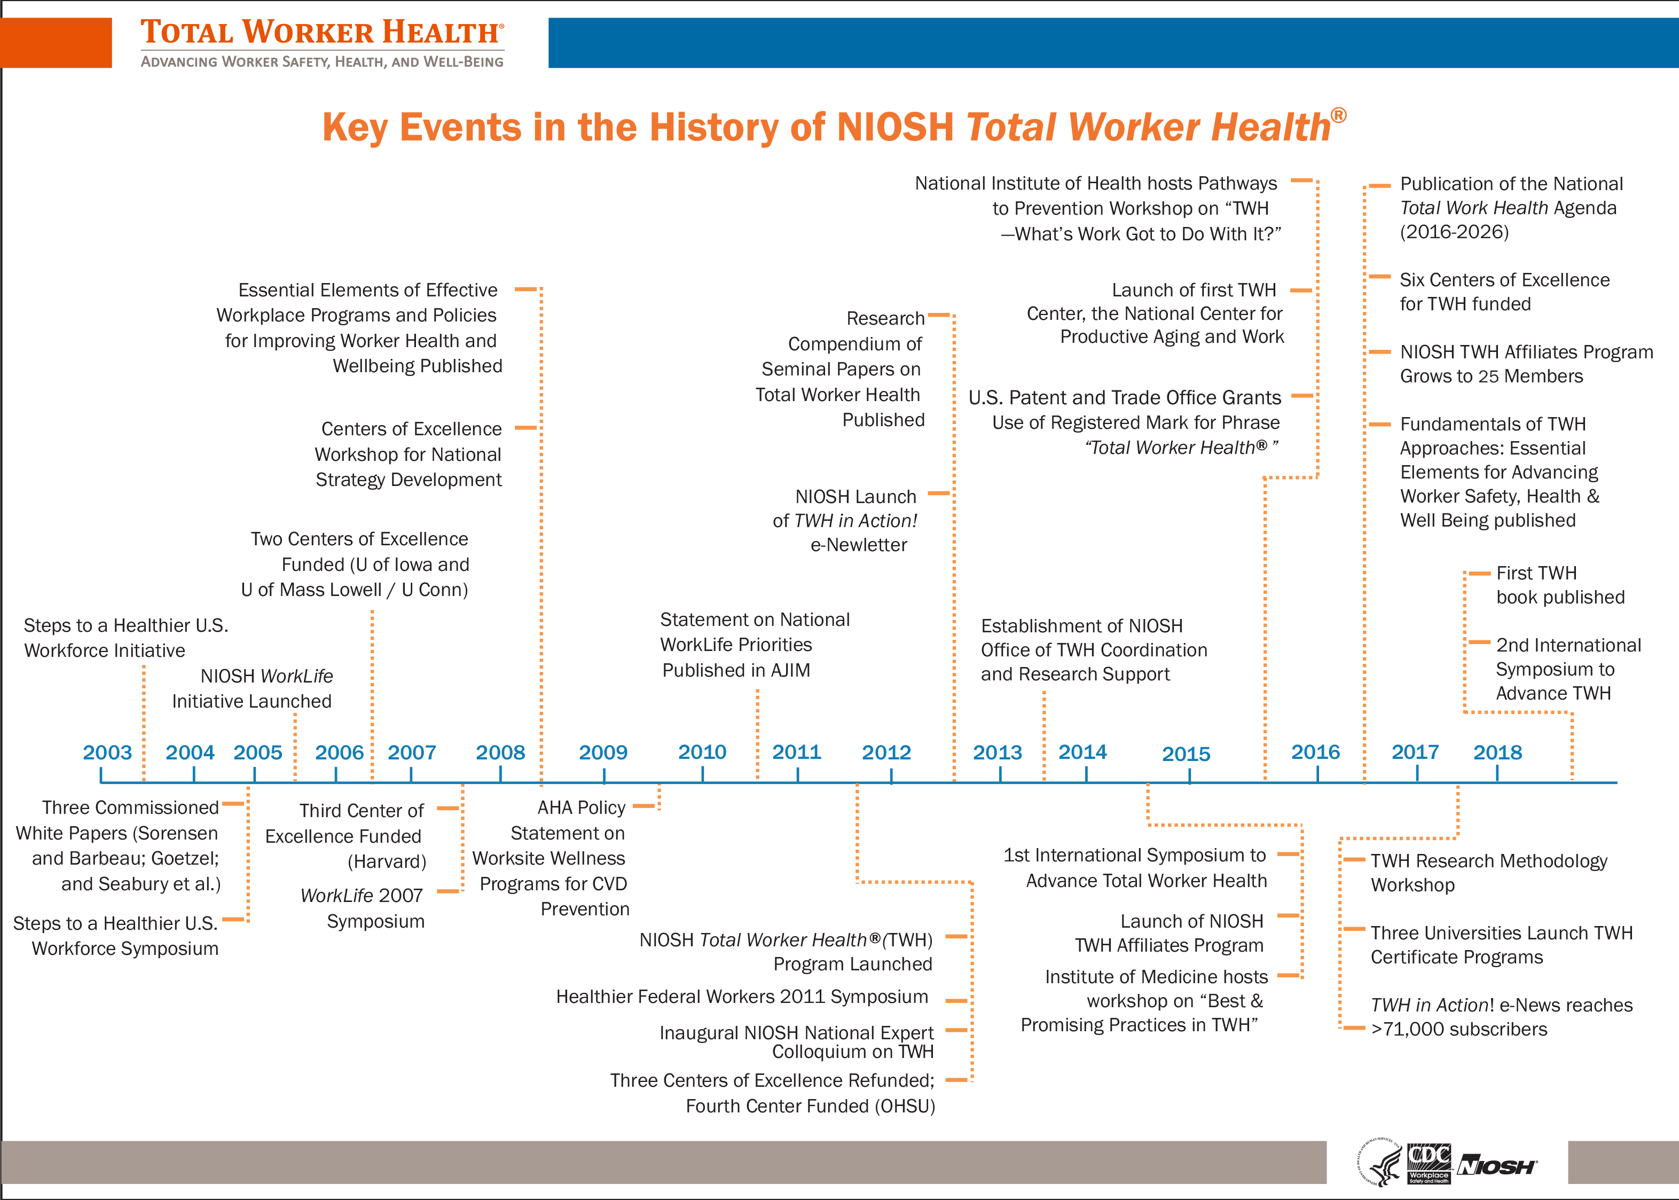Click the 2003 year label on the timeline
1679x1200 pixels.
pos(107,752)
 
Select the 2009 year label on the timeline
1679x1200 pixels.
pos(603,752)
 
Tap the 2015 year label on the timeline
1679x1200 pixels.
pos(1186,754)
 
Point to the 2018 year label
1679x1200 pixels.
pos(1497,752)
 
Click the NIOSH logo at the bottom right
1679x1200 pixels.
pos(1496,1166)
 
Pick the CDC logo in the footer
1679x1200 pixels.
pos(1429,1162)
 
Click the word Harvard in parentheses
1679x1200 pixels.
pos(387,861)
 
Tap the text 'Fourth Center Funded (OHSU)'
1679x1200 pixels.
pos(810,1106)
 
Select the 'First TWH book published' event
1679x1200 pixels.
pos(1559,585)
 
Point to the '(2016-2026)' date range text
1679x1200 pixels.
pos(1454,232)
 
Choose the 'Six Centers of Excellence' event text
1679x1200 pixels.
pos(1504,280)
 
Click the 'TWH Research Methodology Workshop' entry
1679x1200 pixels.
pos(1488,873)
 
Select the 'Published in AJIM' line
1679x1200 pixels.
pos(736,670)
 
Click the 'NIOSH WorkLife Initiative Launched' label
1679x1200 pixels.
pos(252,689)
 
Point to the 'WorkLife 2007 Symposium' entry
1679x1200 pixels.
pos(362,908)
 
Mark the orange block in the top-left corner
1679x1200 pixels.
pos(56,43)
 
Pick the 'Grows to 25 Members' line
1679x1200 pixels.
pos(1492,376)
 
